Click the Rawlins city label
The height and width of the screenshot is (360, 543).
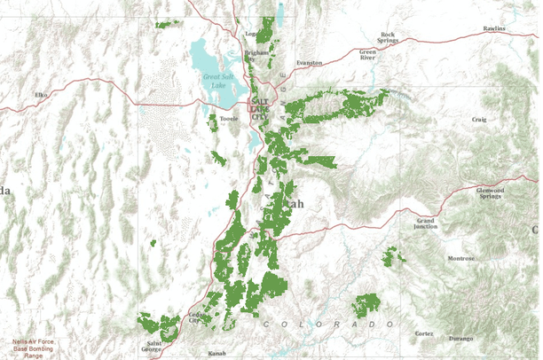(494, 28)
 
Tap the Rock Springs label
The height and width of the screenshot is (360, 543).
(387, 37)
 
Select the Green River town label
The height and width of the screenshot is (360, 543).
(367, 55)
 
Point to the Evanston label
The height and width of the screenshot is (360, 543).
(310, 63)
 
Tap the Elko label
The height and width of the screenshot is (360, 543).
(40, 94)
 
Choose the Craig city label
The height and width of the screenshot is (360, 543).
(479, 119)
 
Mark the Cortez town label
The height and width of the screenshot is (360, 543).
(424, 333)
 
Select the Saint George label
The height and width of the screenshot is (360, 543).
(154, 347)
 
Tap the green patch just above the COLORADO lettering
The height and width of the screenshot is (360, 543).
(365, 304)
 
